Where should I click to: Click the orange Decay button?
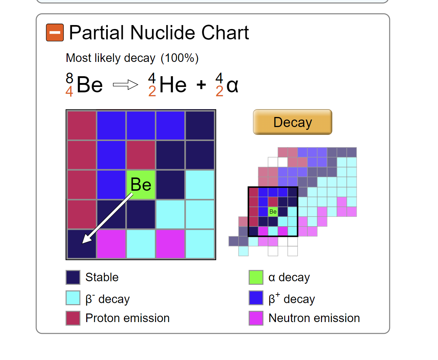point(292,122)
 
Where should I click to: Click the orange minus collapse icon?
point(55,33)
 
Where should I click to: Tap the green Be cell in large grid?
point(141,185)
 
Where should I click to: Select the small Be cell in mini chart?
point(273,211)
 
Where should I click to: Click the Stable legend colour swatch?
point(73,277)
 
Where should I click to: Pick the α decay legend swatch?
point(256,277)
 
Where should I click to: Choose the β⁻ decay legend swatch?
point(73,298)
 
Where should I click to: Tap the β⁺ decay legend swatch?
point(256,298)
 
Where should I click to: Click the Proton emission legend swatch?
point(73,318)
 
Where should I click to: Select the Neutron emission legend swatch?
point(256,318)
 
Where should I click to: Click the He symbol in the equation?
point(173,85)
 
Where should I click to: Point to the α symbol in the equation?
point(232,85)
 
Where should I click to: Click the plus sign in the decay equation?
point(201,85)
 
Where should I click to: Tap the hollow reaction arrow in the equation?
point(125,85)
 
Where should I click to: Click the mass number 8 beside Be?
point(69,78)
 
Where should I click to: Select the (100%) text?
point(180,58)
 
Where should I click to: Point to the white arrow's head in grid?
point(86,239)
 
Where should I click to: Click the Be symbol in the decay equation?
point(89,85)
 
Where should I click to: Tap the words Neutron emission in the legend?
point(314,318)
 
